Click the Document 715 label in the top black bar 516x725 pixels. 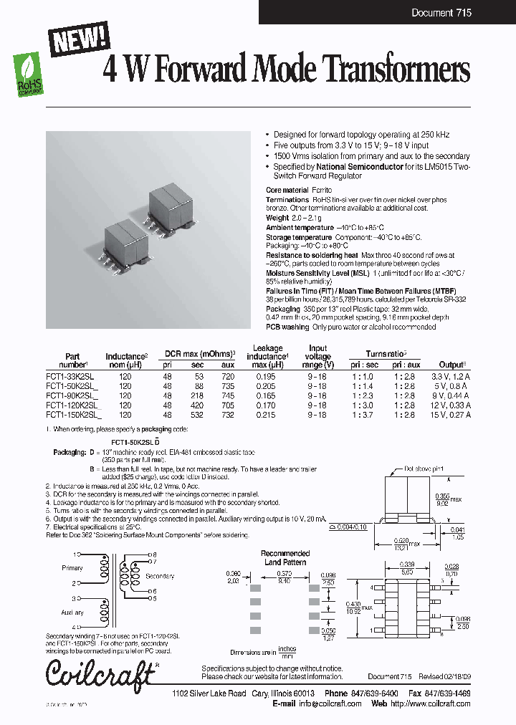tap(441, 13)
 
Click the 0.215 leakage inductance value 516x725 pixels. tap(265, 414)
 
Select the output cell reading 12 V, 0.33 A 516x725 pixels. tap(450, 404)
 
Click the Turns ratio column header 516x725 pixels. tap(386, 354)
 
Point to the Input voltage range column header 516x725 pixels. tap(318, 356)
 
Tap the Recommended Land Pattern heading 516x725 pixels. tap(285, 557)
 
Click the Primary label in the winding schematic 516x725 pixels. tap(73, 567)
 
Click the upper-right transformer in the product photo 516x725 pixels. tap(170, 205)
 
